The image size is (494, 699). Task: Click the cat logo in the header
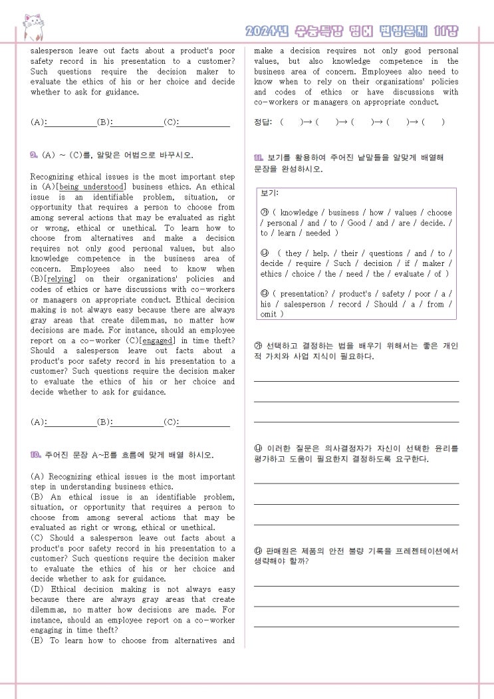click(33, 27)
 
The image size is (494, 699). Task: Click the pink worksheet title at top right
click(352, 31)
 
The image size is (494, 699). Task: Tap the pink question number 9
click(34, 155)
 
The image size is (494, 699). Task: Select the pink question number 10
click(36, 455)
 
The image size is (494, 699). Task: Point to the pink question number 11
click(259, 158)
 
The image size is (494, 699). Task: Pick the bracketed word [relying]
click(61, 279)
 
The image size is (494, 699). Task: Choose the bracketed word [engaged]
click(157, 341)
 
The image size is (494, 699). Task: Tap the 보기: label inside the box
click(269, 194)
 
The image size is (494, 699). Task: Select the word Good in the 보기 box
click(357, 223)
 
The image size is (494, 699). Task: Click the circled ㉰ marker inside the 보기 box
click(264, 294)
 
